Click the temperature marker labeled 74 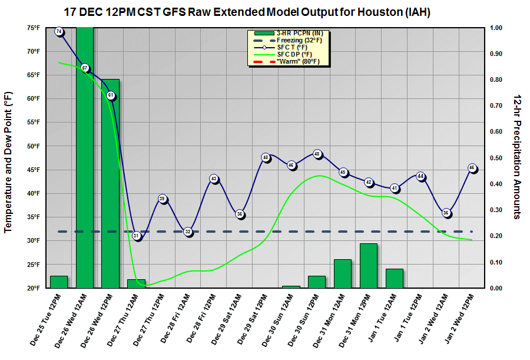pyautogui.click(x=59, y=31)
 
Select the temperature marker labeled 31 pyautogui.click(x=137, y=236)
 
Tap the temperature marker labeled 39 pyautogui.click(x=163, y=199)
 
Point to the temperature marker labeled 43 pyautogui.click(x=214, y=179)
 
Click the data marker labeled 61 pyautogui.click(x=111, y=95)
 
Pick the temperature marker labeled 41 pyautogui.click(x=395, y=189)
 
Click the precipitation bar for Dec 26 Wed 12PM pyautogui.click(x=111, y=183)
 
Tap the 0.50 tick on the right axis pyautogui.click(x=496, y=158)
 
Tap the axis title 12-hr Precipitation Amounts pyautogui.click(x=516, y=156)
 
